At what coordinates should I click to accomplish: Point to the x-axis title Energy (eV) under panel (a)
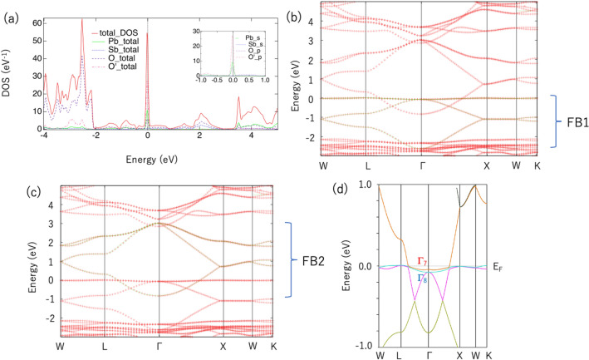(x=148, y=158)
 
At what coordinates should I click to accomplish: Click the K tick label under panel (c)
(x=277, y=343)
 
